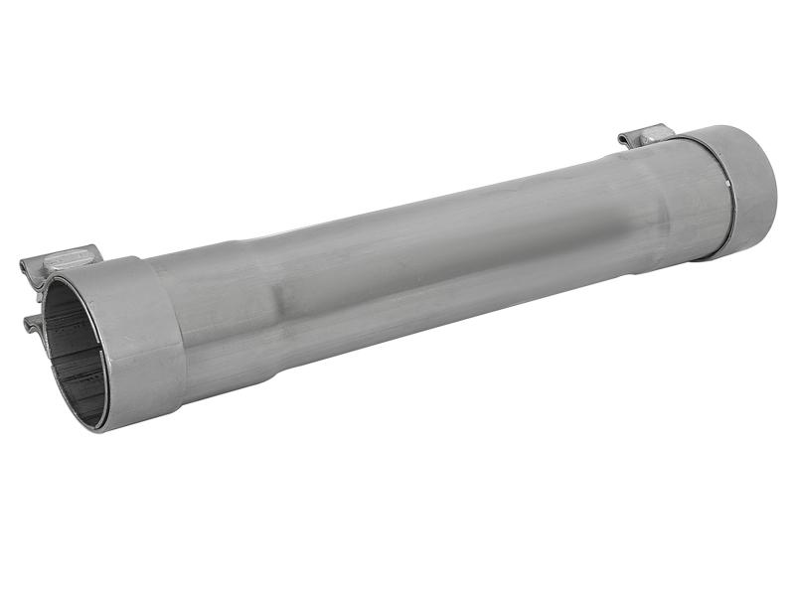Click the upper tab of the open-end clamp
coord(60,260)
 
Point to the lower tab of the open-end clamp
coord(34,323)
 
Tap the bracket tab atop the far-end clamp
coord(646,135)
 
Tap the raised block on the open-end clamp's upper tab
coord(70,256)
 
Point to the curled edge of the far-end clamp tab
coord(623,139)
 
